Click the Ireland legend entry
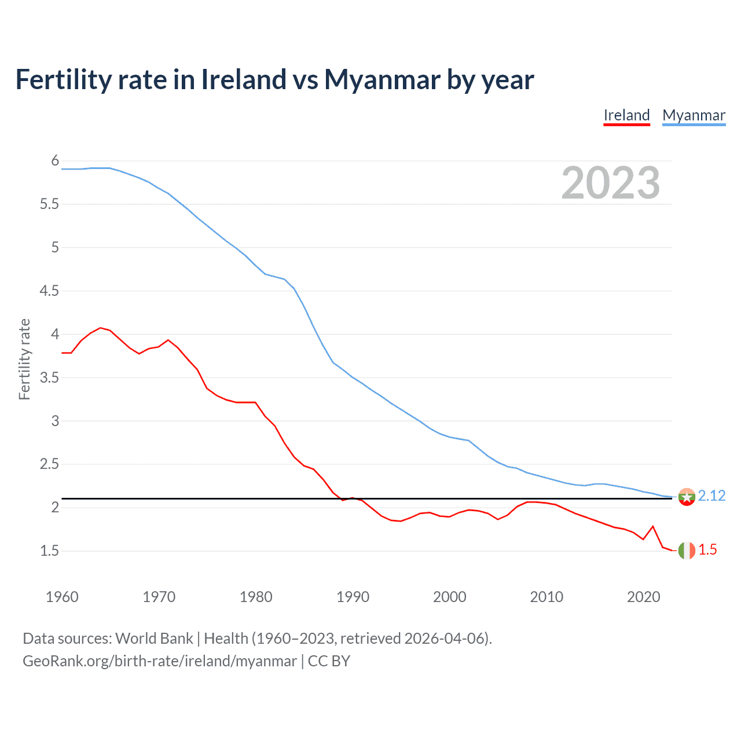point(626,115)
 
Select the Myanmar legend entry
point(694,115)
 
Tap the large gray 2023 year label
point(610,183)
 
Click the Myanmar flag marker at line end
point(687,497)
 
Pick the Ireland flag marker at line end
point(687,551)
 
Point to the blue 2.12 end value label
point(711,496)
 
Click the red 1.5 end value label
point(707,549)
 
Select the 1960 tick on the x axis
point(62,597)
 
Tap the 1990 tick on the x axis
point(353,597)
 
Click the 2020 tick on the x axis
point(643,597)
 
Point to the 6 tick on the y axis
point(55,160)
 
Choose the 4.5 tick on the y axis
point(49,291)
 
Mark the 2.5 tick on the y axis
point(49,464)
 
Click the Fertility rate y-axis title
point(24,359)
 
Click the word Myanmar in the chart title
point(382,79)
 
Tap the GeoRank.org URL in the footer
point(159,661)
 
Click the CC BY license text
point(329,661)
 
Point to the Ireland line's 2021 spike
point(653,526)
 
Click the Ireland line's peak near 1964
point(101,328)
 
